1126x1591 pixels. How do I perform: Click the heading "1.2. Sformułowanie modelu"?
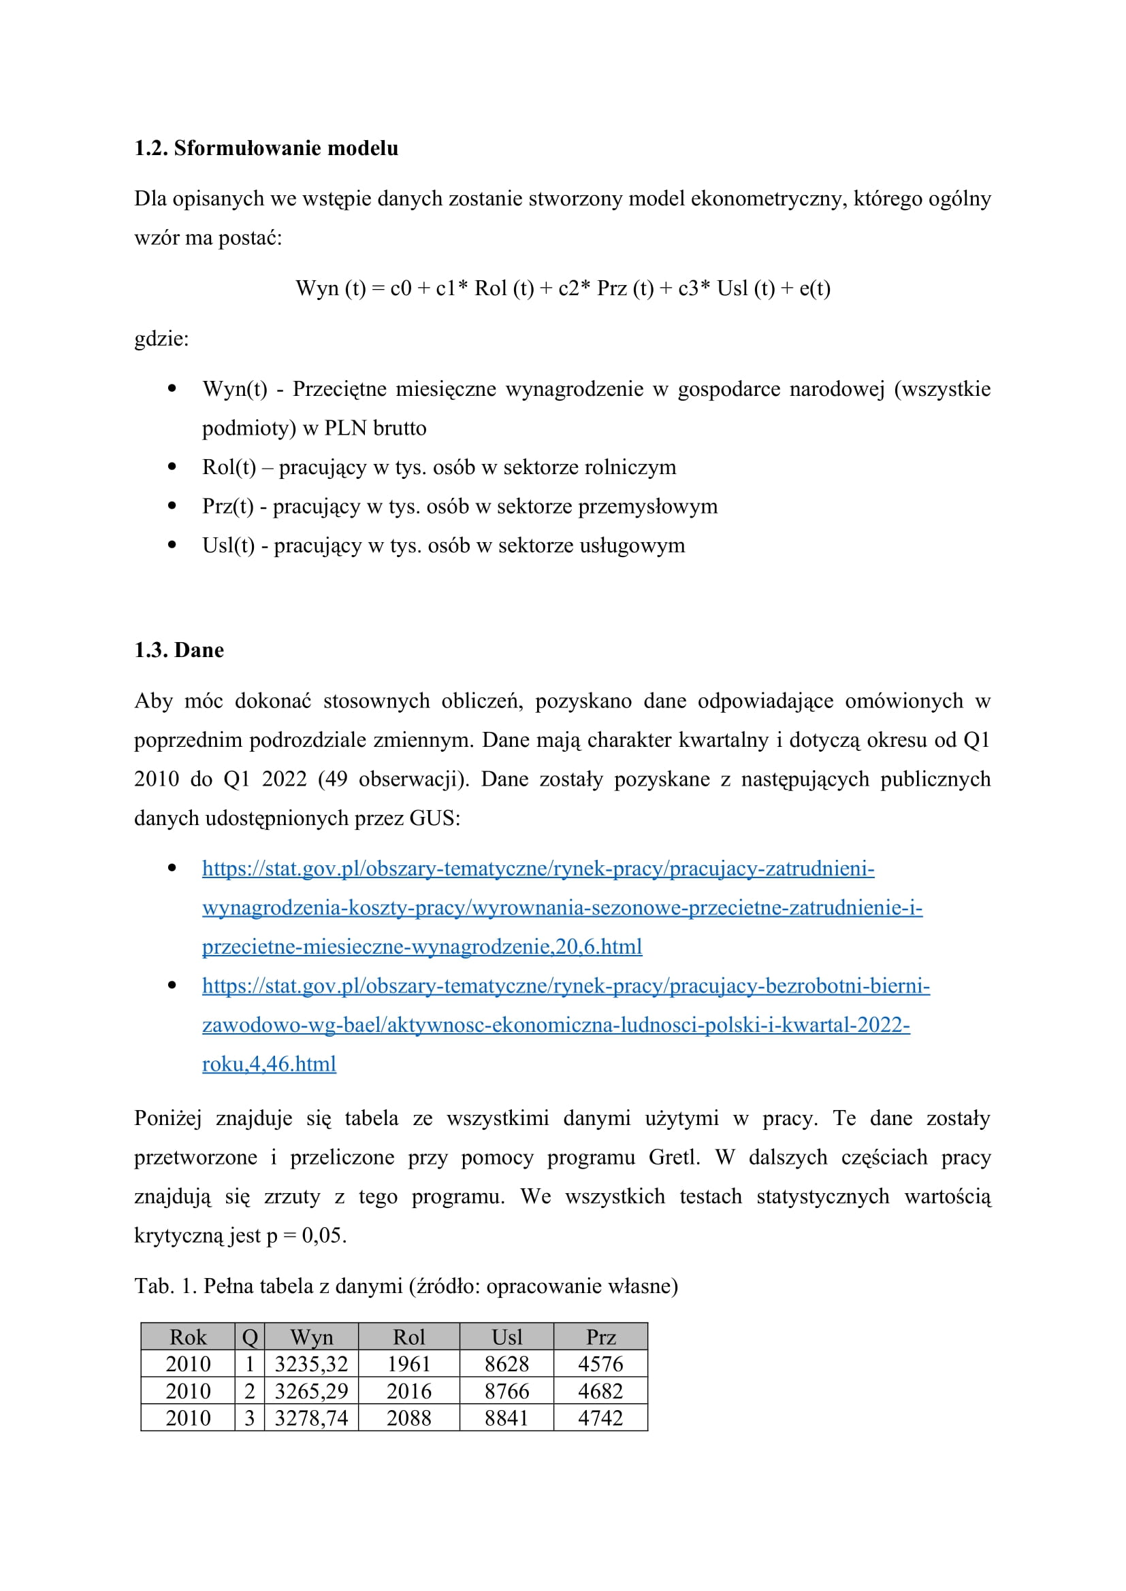[x=266, y=148]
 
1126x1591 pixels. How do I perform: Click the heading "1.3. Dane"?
[x=179, y=650]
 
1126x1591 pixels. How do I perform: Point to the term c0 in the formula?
[x=401, y=288]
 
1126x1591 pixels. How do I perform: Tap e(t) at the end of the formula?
[x=815, y=288]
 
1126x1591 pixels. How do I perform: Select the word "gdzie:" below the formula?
[x=161, y=339]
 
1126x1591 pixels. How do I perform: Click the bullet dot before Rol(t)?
[x=172, y=467]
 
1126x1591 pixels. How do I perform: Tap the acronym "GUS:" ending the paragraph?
[x=435, y=818]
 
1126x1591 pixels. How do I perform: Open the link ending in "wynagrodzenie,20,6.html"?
[x=421, y=947]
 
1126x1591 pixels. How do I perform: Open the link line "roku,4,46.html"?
[x=269, y=1064]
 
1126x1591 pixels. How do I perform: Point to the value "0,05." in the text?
[x=324, y=1235]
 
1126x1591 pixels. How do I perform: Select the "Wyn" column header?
[x=311, y=1337]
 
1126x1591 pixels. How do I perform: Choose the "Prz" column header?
[x=600, y=1337]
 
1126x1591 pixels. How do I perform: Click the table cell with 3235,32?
[x=311, y=1364]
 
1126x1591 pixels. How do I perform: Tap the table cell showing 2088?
[x=409, y=1418]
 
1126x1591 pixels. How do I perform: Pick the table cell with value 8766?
[x=507, y=1391]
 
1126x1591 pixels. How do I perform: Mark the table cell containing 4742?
[x=600, y=1418]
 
